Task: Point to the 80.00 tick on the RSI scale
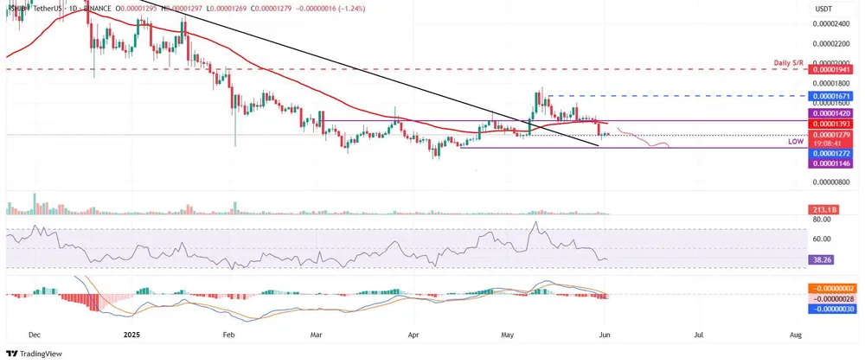pyautogui.click(x=823, y=220)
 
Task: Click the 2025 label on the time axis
pyautogui.click(x=132, y=333)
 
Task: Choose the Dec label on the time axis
pyautogui.click(x=33, y=333)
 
